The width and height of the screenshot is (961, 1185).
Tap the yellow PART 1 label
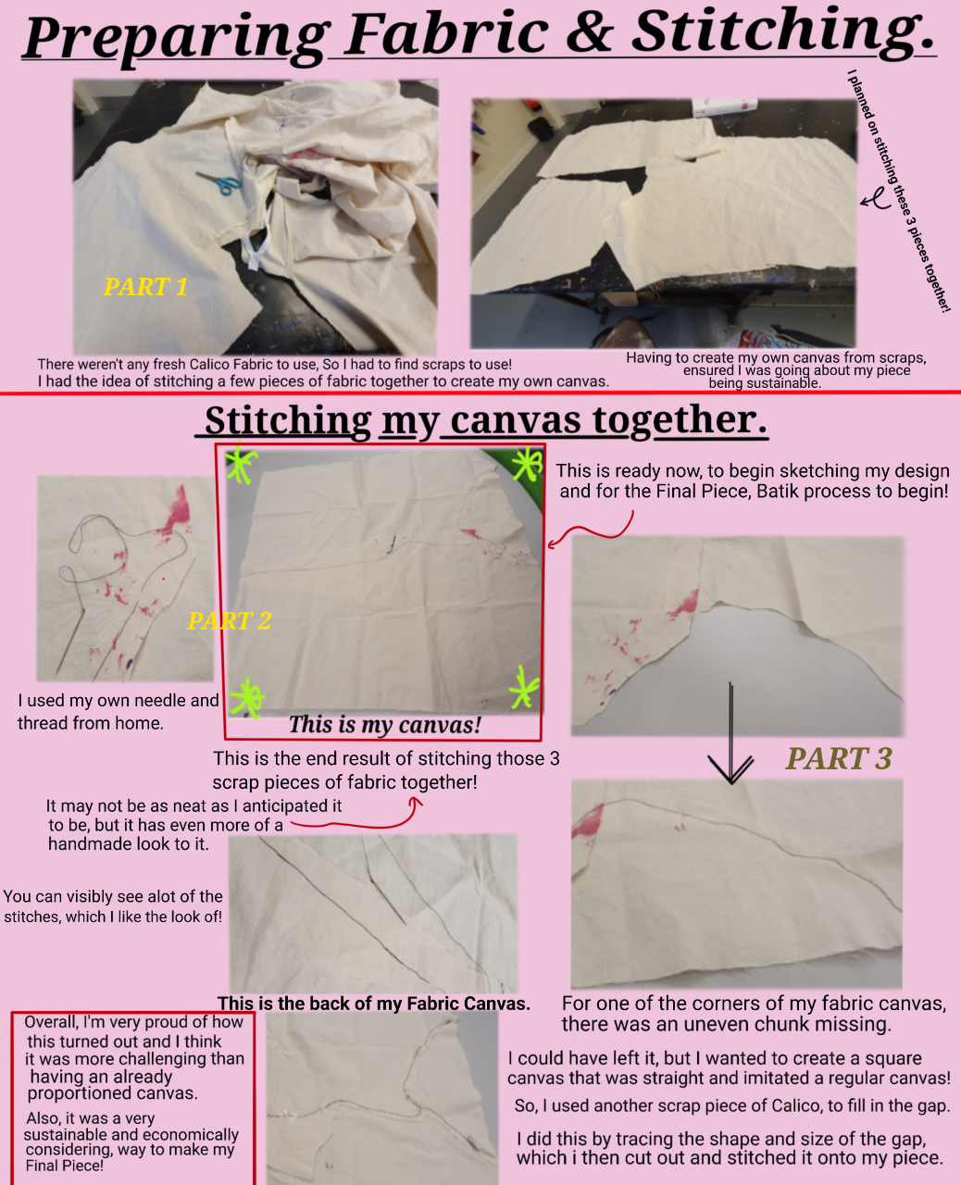(x=145, y=287)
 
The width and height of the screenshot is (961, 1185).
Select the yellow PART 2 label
(x=229, y=620)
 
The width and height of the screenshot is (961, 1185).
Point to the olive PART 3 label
(x=838, y=759)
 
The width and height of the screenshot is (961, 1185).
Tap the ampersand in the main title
(x=590, y=33)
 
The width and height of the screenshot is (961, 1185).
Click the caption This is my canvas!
(x=384, y=725)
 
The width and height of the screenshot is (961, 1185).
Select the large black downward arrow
(x=731, y=736)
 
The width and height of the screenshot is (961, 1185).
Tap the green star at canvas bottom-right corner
(x=523, y=687)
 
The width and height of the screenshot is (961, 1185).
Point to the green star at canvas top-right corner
(x=527, y=463)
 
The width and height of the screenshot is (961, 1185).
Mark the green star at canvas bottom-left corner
(x=247, y=696)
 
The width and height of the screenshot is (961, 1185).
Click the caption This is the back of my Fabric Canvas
(x=374, y=1004)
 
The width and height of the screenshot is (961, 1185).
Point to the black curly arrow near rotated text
(x=873, y=197)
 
